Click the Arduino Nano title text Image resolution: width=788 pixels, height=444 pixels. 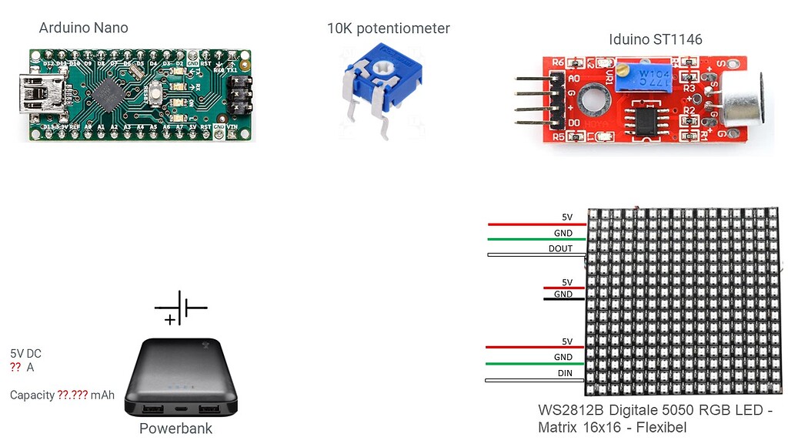(x=83, y=29)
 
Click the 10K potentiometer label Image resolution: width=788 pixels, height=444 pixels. (x=388, y=29)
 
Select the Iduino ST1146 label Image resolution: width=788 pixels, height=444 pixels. (x=655, y=39)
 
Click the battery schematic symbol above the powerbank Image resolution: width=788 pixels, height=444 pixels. (x=181, y=308)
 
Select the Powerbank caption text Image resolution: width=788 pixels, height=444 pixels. (x=175, y=429)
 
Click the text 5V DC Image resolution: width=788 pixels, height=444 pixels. (x=25, y=354)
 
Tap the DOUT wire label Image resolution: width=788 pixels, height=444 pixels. (x=560, y=248)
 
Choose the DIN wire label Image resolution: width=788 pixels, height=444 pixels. (x=564, y=373)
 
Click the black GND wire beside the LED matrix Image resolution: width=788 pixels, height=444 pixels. (x=563, y=298)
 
